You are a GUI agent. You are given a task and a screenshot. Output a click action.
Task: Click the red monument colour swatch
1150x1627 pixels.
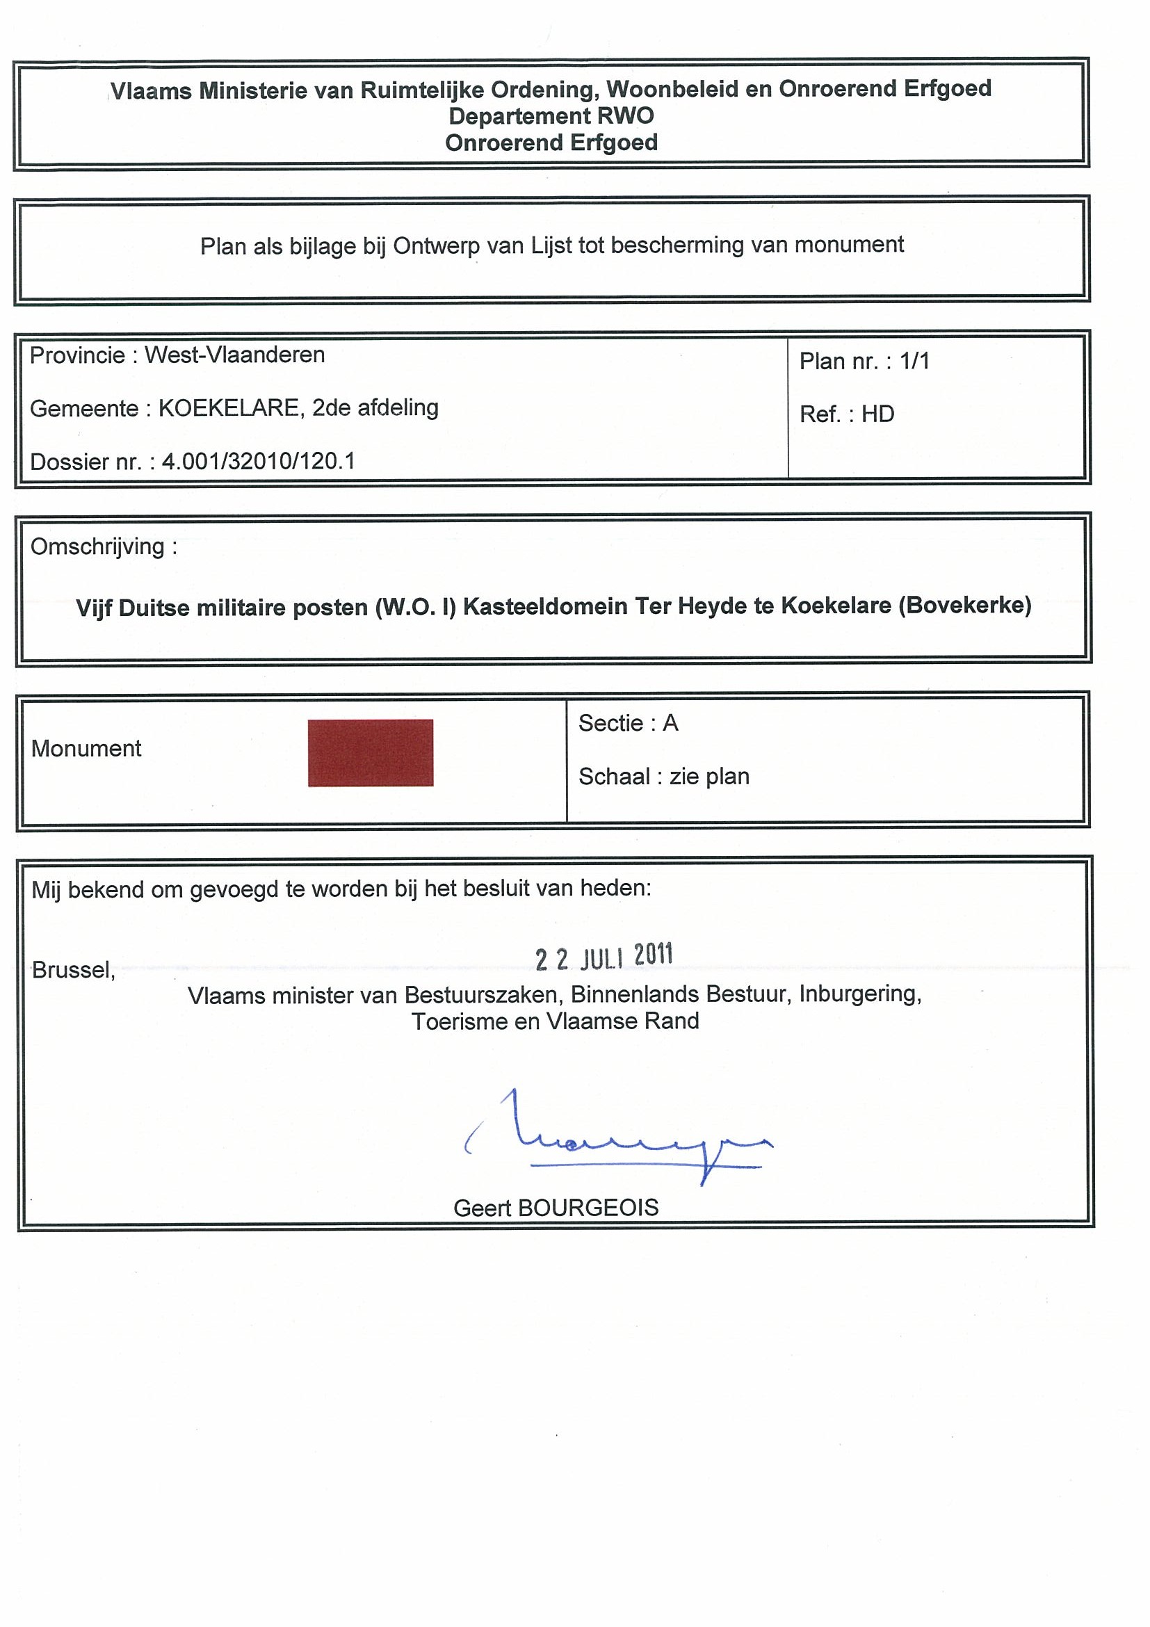[370, 752]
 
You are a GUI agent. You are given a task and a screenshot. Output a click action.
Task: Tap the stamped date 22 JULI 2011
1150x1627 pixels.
[604, 957]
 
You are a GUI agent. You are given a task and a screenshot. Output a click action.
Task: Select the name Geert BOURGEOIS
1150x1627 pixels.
[556, 1208]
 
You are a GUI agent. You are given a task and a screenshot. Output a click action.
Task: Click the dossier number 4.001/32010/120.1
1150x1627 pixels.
[259, 462]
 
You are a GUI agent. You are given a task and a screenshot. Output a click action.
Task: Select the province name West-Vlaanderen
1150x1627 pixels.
[234, 355]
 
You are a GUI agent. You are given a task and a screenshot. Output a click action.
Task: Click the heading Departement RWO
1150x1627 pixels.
[551, 115]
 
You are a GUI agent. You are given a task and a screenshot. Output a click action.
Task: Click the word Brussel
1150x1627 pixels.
[73, 969]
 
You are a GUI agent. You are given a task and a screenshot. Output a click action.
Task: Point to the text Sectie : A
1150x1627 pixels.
[628, 724]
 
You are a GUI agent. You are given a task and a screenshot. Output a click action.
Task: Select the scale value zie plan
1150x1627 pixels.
[709, 777]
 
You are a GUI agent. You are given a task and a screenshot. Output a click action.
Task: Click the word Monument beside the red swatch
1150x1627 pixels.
[86, 748]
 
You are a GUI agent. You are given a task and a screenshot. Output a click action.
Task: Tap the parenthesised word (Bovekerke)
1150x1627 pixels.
[964, 606]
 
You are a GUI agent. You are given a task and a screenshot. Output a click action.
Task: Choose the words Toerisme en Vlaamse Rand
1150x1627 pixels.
[555, 1021]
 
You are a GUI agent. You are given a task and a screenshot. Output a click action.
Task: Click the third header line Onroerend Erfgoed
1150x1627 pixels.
[551, 143]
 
